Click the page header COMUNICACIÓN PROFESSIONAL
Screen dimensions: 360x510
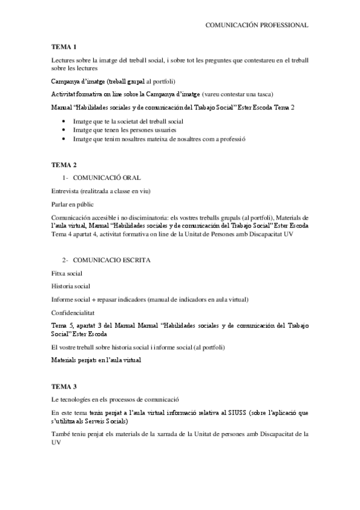[257, 25]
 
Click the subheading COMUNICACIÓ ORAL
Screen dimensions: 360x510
[107, 178]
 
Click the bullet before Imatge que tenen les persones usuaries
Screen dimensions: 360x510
[64, 131]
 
